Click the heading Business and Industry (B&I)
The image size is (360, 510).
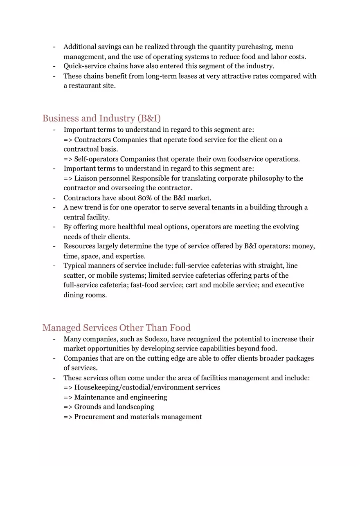coord(101,119)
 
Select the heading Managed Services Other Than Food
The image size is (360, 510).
coord(116,328)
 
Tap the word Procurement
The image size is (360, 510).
coord(94,417)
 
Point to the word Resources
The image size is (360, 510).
coord(79,246)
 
